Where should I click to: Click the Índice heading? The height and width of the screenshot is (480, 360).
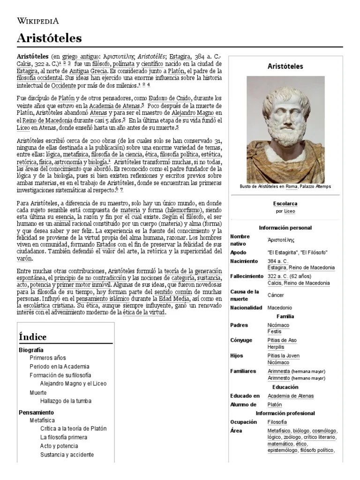pos(33,337)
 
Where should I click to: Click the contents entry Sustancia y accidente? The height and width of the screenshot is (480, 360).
pos(67,455)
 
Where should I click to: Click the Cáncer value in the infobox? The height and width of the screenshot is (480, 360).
pos(276,295)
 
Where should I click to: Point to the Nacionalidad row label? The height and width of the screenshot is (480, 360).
pos(246,307)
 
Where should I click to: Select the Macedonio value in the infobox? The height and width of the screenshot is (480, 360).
pos(280,307)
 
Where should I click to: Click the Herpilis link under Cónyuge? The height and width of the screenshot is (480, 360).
pos(277,347)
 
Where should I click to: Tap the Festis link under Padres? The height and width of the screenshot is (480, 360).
pos(275,331)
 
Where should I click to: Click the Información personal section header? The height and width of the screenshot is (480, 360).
pos(285,228)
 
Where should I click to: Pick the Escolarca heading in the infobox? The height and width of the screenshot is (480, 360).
pos(285,203)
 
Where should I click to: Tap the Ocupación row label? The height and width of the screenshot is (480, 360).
pos(244,422)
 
